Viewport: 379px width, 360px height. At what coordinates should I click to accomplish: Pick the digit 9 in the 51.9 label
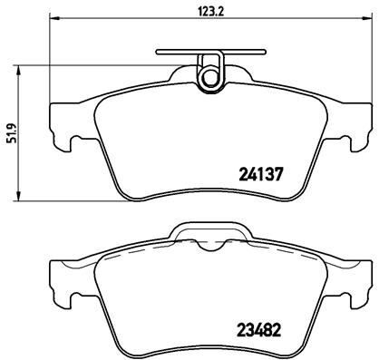9,118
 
